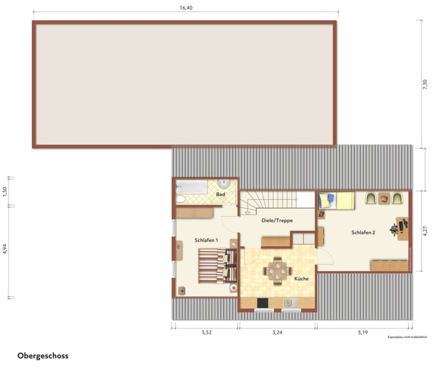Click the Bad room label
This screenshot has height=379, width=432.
tap(220, 194)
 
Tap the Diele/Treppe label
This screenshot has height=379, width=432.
tap(277, 220)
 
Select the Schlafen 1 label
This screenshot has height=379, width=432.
tap(206, 240)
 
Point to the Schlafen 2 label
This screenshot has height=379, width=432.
tap(363, 232)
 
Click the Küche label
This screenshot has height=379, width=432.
tap(302, 279)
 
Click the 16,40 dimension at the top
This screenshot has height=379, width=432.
tap(186, 8)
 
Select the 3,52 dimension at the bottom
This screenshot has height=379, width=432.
tap(206, 333)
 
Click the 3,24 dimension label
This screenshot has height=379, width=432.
tap(277, 333)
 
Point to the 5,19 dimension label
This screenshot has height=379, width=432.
tap(363, 333)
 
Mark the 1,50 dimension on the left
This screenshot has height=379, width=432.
tap(5, 191)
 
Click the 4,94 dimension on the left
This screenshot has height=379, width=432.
tap(5, 249)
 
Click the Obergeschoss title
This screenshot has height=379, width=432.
tap(43, 356)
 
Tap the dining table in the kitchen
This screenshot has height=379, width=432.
tap(277, 270)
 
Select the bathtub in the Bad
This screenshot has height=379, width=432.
tap(192, 186)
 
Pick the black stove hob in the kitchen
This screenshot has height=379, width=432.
tap(262, 303)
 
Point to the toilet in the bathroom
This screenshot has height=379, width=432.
tap(181, 199)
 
